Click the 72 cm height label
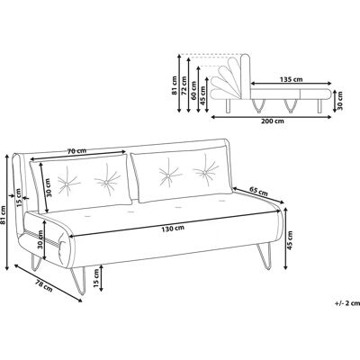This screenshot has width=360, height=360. click(184, 85)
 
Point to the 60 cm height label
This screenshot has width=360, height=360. click(193, 91)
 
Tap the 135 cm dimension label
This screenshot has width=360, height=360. click(291, 79)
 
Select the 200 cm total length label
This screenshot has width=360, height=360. click(273, 121)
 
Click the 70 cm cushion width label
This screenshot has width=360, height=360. click(76, 151)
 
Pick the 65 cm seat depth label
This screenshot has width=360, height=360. click(258, 191)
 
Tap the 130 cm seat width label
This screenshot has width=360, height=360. click(173, 229)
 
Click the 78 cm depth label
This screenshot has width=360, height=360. click(44, 285)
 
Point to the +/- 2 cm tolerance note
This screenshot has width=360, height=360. click(347, 303)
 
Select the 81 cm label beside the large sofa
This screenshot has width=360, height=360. click(4, 215)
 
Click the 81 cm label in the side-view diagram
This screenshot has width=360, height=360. click(175, 85)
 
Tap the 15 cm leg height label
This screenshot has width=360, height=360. click(96, 278)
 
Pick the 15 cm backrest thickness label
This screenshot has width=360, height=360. click(19, 198)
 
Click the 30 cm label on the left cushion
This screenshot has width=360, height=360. click(49, 187)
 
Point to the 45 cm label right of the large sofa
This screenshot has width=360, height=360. click(291, 239)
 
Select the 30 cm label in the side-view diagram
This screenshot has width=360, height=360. click(340, 101)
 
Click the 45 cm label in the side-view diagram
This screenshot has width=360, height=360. click(202, 95)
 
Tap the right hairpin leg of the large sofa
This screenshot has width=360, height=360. click(265, 256)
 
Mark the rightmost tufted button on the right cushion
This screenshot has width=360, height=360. click(205, 172)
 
